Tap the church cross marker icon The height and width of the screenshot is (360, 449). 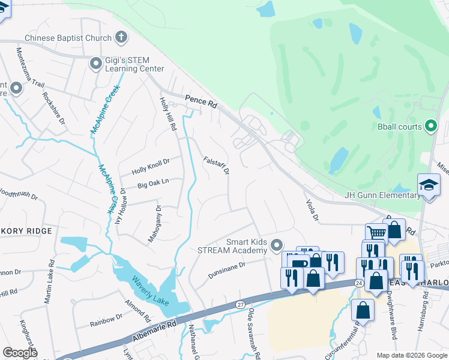point(121,38)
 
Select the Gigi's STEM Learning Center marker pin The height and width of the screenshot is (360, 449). point(95,63)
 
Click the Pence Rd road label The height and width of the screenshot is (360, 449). point(200,103)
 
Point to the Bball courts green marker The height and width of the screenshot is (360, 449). point(430,126)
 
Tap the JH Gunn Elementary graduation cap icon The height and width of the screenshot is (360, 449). point(429,185)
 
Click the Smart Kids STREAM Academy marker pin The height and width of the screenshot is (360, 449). point(276,244)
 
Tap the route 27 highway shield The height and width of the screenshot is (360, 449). point(240,305)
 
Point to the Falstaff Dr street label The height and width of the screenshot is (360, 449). point(217,166)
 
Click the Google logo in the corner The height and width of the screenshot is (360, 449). point(20,352)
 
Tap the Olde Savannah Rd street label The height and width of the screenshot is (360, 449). point(255,334)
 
